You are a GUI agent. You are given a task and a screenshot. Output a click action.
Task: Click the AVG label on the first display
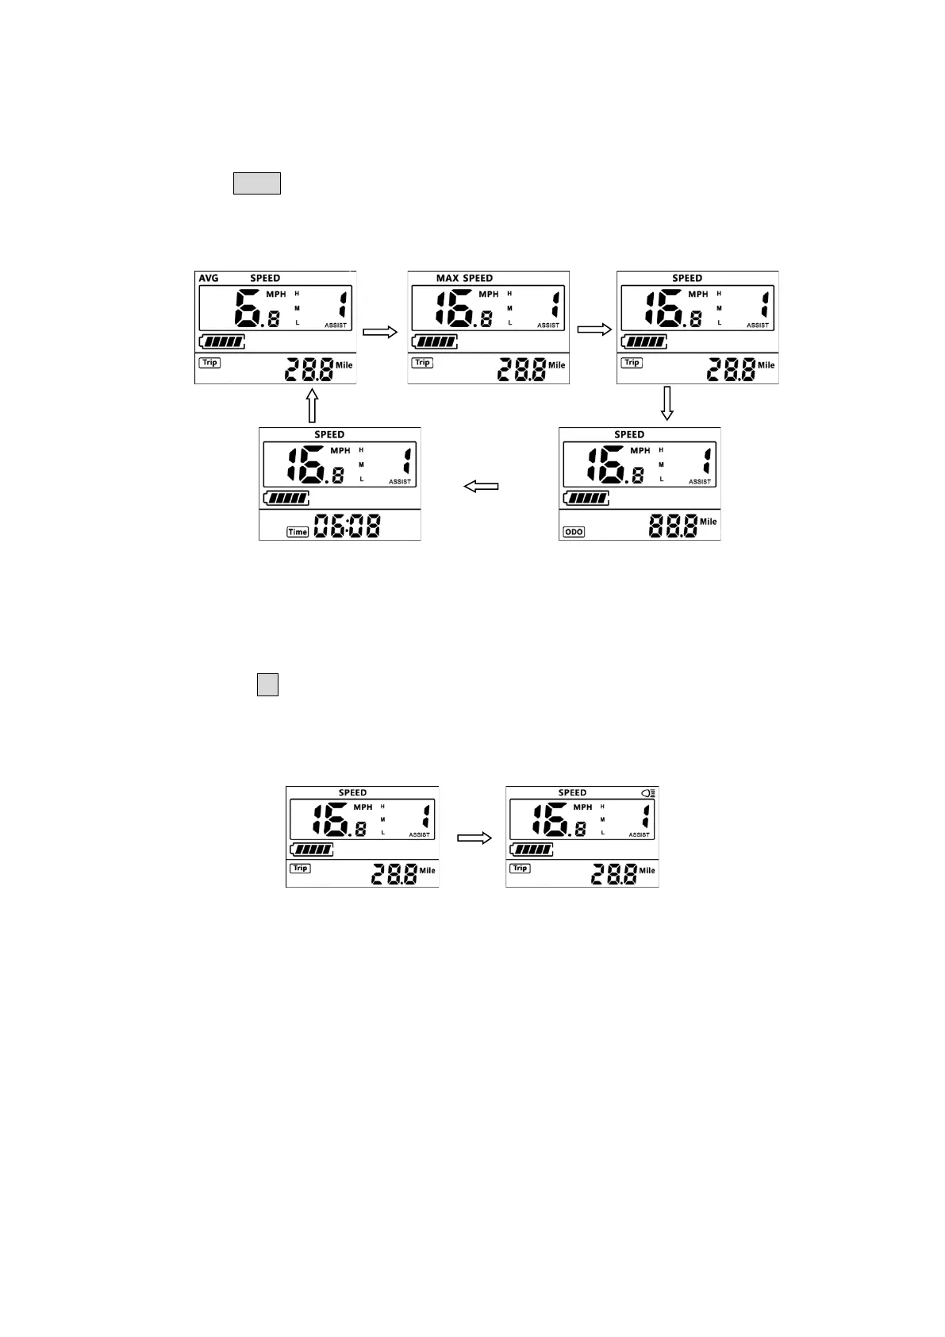click(x=209, y=279)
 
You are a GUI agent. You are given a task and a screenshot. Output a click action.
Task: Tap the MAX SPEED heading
click(x=464, y=279)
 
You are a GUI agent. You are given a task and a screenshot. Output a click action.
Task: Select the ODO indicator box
click(x=574, y=532)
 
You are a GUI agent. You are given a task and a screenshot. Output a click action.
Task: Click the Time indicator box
click(x=298, y=532)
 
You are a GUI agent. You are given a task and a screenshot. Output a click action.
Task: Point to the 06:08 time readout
click(x=348, y=526)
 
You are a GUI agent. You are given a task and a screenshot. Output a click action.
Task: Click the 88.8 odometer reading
click(x=673, y=526)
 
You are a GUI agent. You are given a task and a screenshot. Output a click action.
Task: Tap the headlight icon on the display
click(x=649, y=793)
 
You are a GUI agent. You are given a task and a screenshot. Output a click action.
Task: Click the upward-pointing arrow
click(x=312, y=405)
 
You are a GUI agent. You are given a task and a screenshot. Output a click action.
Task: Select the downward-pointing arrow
click(x=667, y=403)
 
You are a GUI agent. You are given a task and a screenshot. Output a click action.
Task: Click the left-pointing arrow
click(x=481, y=486)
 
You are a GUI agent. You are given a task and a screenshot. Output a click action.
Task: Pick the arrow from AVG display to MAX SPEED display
click(x=380, y=333)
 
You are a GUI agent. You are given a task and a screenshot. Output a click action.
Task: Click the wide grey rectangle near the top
click(x=257, y=183)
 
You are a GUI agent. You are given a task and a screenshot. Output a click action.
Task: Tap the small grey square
click(x=267, y=685)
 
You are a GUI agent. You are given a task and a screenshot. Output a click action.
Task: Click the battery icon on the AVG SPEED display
click(x=222, y=342)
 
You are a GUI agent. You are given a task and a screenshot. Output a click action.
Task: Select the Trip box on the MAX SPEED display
click(x=422, y=363)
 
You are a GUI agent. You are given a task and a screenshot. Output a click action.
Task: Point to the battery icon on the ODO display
click(x=586, y=499)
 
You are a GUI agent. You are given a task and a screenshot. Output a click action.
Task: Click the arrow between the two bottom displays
click(x=474, y=838)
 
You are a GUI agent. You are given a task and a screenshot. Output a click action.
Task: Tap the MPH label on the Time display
click(x=340, y=451)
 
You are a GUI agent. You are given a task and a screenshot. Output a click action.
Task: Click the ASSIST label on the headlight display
click(x=639, y=835)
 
